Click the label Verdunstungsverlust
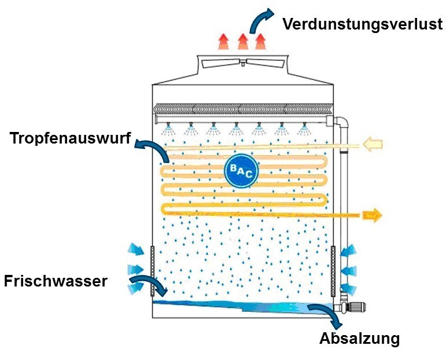coord(363,24)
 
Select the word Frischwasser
coord(56,281)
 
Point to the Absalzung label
coord(359,338)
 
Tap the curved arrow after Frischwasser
coord(148,285)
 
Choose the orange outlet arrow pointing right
coord(373,215)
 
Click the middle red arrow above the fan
coord(243,41)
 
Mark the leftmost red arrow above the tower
coord(223,42)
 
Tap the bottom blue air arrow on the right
coord(348,289)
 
